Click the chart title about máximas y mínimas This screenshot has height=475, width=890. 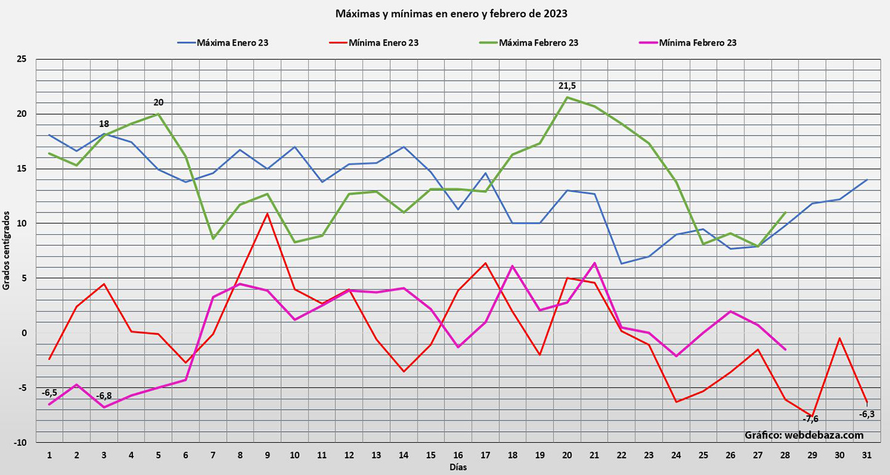tap(451, 13)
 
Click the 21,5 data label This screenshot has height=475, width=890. tap(567, 86)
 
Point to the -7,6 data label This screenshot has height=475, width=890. tap(810, 420)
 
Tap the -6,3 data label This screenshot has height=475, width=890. tap(867, 414)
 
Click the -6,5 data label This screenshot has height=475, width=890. tap(49, 392)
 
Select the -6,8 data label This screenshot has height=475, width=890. tap(104, 396)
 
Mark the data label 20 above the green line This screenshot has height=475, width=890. tap(158, 102)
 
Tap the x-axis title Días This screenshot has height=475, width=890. tap(457, 467)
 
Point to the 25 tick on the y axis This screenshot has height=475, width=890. tap(22, 59)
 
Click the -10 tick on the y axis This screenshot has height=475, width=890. tap(20, 442)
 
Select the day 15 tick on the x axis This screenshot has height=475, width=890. tap(431, 455)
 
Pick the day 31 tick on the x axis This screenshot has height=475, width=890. tap(867, 455)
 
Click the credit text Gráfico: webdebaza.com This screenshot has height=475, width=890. tap(804, 435)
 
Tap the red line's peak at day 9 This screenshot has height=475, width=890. tap(267, 214)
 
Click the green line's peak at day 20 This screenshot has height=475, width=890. tap(567, 97)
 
